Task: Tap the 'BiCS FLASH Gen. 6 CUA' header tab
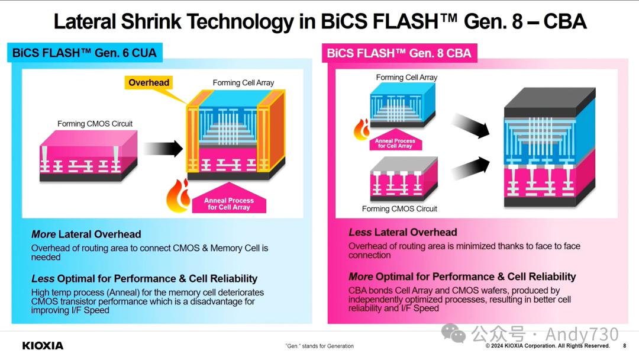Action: [x=85, y=53]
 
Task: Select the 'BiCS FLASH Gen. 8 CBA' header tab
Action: [x=399, y=53]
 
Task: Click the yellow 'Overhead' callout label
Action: [x=149, y=83]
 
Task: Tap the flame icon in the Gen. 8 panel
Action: [x=362, y=128]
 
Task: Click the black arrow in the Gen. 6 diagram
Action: [x=163, y=149]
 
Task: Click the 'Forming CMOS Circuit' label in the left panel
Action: [x=95, y=124]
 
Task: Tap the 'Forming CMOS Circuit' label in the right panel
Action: [x=399, y=208]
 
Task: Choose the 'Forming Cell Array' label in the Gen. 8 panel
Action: [x=406, y=78]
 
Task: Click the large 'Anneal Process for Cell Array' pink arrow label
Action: [x=228, y=203]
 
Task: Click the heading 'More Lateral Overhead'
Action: [x=86, y=234]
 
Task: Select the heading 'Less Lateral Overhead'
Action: [x=403, y=232]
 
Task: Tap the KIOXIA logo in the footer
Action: [x=43, y=346]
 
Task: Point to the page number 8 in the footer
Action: [x=625, y=346]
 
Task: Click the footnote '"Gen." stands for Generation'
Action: [x=319, y=346]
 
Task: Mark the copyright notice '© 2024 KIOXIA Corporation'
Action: [x=547, y=346]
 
